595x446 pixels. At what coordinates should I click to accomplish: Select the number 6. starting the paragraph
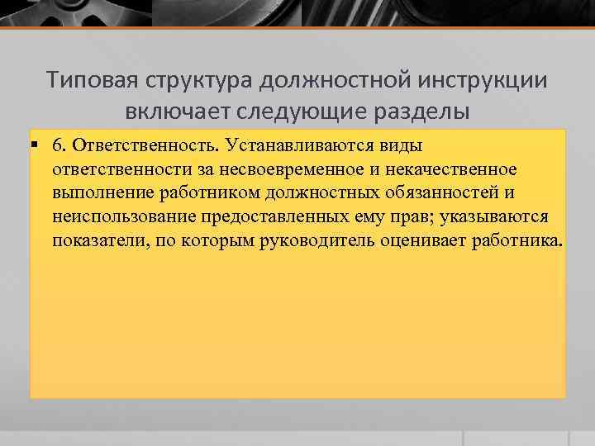click(x=59, y=146)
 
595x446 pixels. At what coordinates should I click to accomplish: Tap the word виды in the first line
click(x=403, y=146)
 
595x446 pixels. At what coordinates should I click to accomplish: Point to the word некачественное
click(x=453, y=170)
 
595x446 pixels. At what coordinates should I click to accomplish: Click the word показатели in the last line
click(x=93, y=242)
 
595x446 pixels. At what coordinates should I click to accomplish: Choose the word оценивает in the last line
click(x=427, y=242)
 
